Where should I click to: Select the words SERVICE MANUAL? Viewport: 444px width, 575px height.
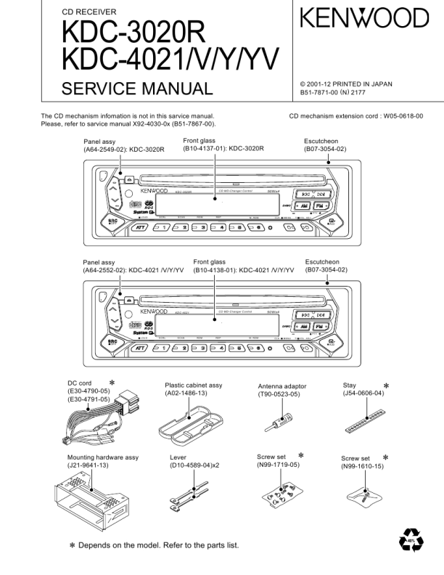[138, 89]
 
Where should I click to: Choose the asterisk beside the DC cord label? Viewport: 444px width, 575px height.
[112, 382]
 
